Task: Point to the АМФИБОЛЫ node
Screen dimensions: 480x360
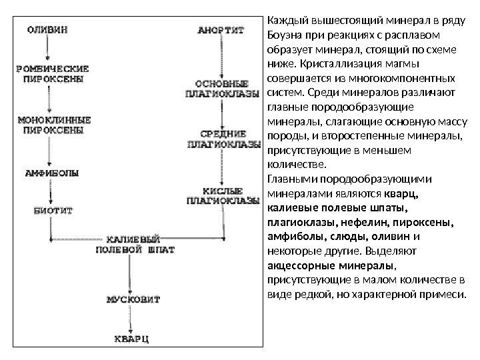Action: click(x=51, y=173)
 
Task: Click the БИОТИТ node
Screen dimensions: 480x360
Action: click(x=53, y=209)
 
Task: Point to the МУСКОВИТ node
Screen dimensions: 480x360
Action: click(x=133, y=299)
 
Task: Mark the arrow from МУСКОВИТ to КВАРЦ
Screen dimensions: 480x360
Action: click(x=132, y=319)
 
